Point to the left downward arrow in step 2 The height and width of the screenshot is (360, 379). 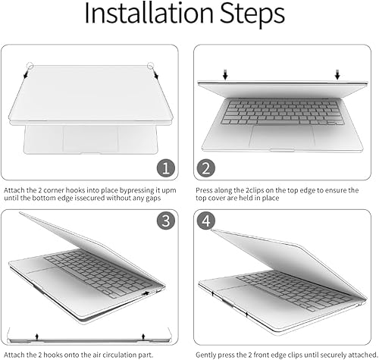(x=225, y=73)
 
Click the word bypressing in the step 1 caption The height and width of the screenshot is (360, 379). (x=127, y=188)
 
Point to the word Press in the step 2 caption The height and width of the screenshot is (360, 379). (x=205, y=188)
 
